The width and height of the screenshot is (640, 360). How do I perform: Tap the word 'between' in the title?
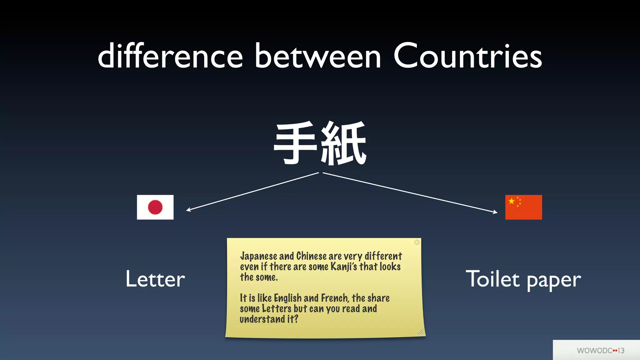tap(318, 56)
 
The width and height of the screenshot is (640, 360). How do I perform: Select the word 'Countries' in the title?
tap(468, 56)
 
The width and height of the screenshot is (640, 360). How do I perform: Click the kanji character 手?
tap(295, 143)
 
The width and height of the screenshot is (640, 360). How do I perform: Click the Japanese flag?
tap(155, 207)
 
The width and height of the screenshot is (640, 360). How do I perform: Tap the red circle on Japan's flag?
tap(155, 207)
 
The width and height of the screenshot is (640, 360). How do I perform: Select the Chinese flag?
tap(523, 207)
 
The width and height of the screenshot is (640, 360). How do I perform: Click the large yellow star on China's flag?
tap(512, 201)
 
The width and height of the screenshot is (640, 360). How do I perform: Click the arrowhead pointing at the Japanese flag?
tap(188, 210)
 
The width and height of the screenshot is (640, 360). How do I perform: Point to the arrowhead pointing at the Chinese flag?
tap(495, 212)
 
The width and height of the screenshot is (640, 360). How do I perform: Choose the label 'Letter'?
tap(155, 279)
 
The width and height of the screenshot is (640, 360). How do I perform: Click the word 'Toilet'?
tap(493, 279)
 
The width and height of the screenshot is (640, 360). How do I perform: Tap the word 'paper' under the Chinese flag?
tap(554, 280)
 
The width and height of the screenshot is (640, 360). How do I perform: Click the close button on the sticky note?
tap(417, 242)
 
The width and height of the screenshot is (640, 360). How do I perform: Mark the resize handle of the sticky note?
tap(421, 332)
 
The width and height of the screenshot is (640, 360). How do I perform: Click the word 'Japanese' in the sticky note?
tap(258, 256)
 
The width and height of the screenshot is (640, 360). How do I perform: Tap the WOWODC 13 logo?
tap(600, 350)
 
